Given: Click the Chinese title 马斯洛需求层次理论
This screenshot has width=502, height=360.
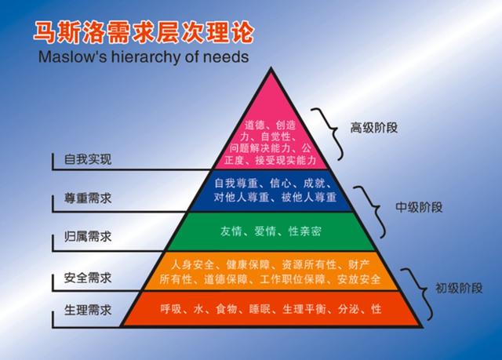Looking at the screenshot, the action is tap(144, 32).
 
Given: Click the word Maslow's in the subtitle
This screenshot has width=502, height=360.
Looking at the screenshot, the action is tap(72, 56).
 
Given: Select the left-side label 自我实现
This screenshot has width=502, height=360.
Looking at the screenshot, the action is tap(88, 159).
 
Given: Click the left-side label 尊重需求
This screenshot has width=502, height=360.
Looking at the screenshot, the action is tap(88, 198).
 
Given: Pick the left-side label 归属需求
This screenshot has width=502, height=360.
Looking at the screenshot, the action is tap(88, 237).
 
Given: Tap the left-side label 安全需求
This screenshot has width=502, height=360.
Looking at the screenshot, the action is tap(88, 278).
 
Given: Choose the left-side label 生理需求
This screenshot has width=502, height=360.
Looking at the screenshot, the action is tap(88, 310).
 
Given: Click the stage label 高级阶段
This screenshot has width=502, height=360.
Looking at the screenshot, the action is tap(373, 128).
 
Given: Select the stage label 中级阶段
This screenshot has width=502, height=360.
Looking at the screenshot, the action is tap(419, 207).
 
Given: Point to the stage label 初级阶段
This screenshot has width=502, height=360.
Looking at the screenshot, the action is tap(459, 288).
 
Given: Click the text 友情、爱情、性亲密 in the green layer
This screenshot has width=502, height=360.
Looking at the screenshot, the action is tap(271, 231).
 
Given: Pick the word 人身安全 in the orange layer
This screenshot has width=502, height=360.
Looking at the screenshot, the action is tap(192, 265).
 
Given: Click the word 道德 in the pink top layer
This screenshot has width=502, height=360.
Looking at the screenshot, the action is tap(256, 125).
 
